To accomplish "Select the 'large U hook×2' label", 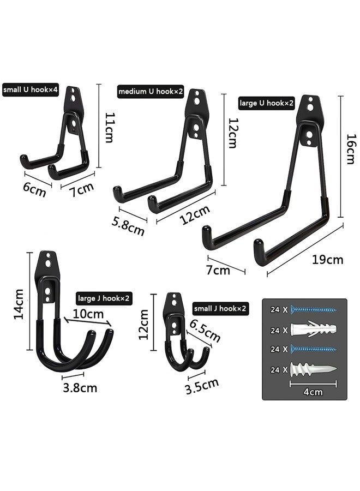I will pyautogui.click(x=267, y=102).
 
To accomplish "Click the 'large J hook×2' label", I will pyautogui.click(x=104, y=298).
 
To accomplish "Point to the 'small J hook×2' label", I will pyautogui.click(x=219, y=309).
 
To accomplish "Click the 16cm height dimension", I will pyautogui.click(x=350, y=149).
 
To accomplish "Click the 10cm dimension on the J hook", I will pyautogui.click(x=88, y=315).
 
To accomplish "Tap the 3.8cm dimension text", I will pyautogui.click(x=80, y=388).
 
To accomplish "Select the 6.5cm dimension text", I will pyautogui.click(x=205, y=331).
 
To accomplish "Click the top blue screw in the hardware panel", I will pyautogui.click(x=313, y=309).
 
